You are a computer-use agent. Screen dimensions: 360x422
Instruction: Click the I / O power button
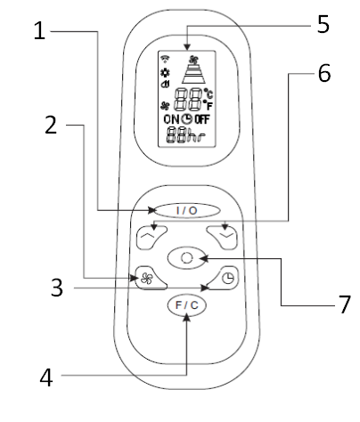click(x=187, y=210)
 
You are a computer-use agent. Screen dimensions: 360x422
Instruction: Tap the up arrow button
click(x=151, y=237)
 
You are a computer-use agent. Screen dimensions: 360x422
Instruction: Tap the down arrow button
click(x=223, y=237)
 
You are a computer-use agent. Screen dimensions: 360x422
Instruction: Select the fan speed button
click(x=150, y=278)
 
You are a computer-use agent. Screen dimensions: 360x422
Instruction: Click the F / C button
click(x=187, y=305)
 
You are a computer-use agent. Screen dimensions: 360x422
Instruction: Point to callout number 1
click(x=39, y=30)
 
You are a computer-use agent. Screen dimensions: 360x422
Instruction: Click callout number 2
click(x=51, y=125)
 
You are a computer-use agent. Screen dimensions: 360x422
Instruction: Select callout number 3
click(x=57, y=288)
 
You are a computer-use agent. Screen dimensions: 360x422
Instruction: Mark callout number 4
click(x=46, y=377)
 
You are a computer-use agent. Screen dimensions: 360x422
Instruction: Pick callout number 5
click(x=323, y=24)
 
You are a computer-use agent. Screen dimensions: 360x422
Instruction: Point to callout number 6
click(x=324, y=73)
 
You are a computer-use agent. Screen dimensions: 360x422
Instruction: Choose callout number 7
click(x=345, y=304)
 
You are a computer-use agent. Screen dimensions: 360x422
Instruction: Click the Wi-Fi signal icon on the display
click(x=165, y=59)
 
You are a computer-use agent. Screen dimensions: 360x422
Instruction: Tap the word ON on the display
click(x=171, y=119)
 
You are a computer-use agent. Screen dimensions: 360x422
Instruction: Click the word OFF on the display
click(x=202, y=119)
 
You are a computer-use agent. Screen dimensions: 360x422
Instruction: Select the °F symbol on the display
click(x=208, y=106)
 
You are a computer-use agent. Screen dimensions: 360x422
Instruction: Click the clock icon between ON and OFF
click(x=187, y=118)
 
